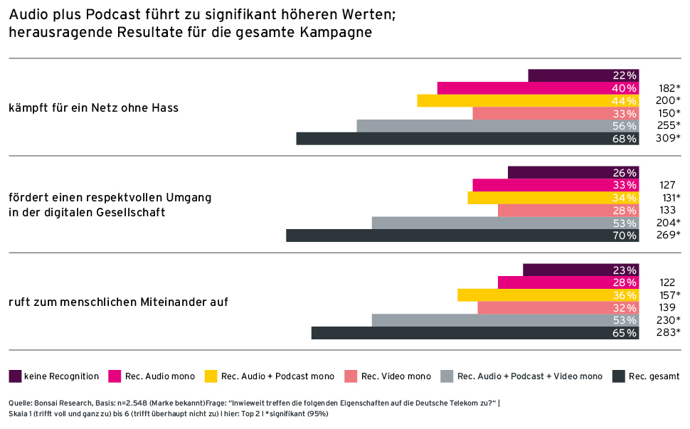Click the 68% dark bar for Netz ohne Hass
pyautogui.click(x=467, y=139)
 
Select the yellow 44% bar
pyautogui.click(x=528, y=101)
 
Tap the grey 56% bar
pyautogui.click(x=498, y=126)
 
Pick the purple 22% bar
pyautogui.click(x=583, y=75)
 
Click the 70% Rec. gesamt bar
pyautogui.click(x=462, y=235)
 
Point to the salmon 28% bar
pyautogui.click(x=568, y=211)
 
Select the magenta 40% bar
pyautogui.click(x=538, y=88)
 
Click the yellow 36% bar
pyautogui.click(x=548, y=295)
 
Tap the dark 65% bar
pyautogui.click(x=475, y=333)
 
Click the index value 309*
pyautogui.click(x=667, y=139)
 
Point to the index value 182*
pyautogui.click(x=667, y=88)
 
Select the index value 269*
pyautogui.click(x=667, y=235)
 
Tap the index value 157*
pyautogui.click(x=667, y=295)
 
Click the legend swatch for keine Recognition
pyautogui.click(x=15, y=376)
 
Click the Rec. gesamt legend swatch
pyautogui.click(x=618, y=376)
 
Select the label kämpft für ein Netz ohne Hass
pyautogui.click(x=93, y=108)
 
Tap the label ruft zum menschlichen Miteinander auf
pyautogui.click(x=118, y=302)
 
